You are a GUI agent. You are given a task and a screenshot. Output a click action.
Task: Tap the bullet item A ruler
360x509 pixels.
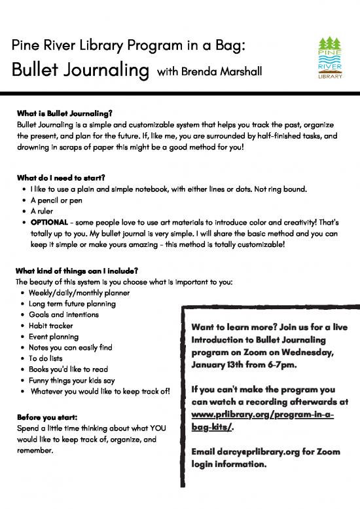coord(43,211)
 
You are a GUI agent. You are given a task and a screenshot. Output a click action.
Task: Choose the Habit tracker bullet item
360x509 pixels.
coord(55,326)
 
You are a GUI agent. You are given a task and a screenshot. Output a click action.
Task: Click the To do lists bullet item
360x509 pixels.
coord(48,358)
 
